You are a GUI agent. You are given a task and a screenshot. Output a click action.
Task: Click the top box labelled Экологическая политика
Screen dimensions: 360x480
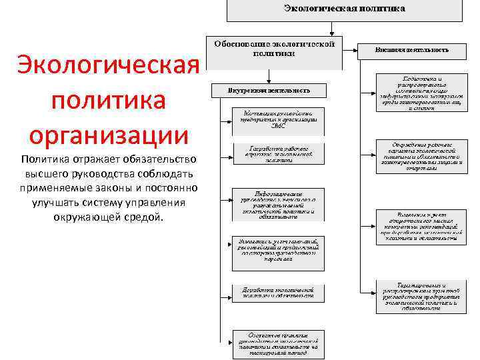coord(344,9)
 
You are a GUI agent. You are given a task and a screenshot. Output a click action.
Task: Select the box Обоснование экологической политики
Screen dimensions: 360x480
coord(273,52)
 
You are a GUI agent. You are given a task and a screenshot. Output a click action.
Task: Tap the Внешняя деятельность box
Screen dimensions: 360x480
coord(411,50)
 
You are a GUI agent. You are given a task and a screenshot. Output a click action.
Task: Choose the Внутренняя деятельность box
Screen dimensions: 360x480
coord(269,90)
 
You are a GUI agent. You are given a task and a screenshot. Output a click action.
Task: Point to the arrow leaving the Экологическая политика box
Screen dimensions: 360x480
coord(331,30)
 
